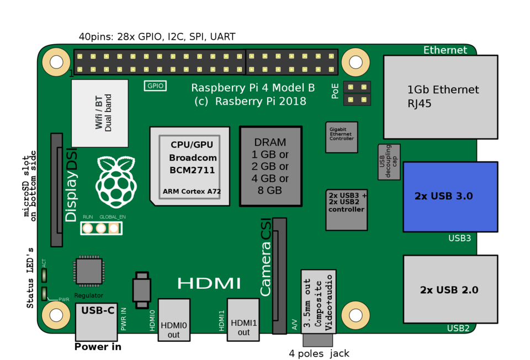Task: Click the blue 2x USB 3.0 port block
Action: (451, 197)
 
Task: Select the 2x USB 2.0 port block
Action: (451, 289)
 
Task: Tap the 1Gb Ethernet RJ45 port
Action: (441, 97)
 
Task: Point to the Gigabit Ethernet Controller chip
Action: (341, 137)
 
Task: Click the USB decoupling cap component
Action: (389, 162)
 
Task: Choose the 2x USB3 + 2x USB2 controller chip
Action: (347, 210)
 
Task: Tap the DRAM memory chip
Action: (271, 166)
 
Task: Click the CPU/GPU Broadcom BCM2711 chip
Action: (190, 166)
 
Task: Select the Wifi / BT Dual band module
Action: (100, 113)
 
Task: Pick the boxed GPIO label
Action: (155, 86)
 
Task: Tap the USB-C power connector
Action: (96, 322)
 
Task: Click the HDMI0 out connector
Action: (174, 320)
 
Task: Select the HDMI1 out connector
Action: (243, 320)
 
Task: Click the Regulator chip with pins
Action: (89, 271)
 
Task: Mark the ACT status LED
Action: (44, 275)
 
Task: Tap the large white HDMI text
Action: (209, 283)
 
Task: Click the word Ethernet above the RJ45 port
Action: (445, 50)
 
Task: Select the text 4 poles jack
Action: (319, 353)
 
